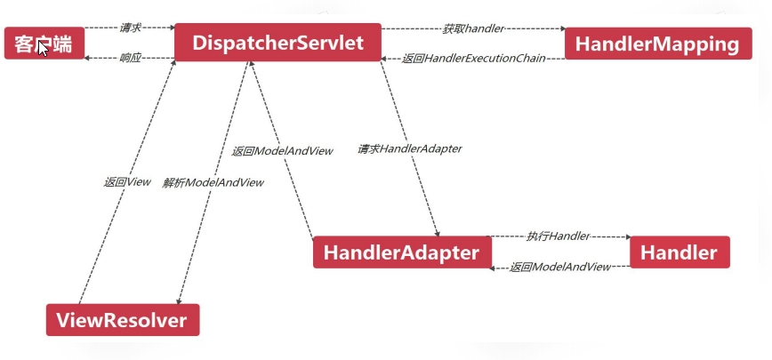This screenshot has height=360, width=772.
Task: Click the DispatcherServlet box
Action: [277, 43]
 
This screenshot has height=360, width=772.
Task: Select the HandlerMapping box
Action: [656, 43]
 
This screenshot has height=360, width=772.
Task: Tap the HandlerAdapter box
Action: [401, 252]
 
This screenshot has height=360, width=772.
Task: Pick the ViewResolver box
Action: [123, 320]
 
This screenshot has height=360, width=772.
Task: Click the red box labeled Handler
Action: [679, 252]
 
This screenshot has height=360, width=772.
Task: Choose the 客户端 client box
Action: [44, 43]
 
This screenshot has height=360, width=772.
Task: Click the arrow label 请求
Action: [130, 28]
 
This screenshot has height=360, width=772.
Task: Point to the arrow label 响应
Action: [130, 58]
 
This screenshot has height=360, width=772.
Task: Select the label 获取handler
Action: [473, 28]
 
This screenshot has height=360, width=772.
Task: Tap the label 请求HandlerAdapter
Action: [409, 148]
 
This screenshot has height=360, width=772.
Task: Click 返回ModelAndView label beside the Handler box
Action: [560, 267]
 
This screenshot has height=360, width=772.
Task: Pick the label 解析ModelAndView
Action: [213, 182]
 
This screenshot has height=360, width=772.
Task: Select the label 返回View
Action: [127, 182]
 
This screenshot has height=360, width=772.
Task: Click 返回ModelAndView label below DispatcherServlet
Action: [282, 151]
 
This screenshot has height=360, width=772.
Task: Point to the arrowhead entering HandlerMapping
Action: [561, 28]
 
